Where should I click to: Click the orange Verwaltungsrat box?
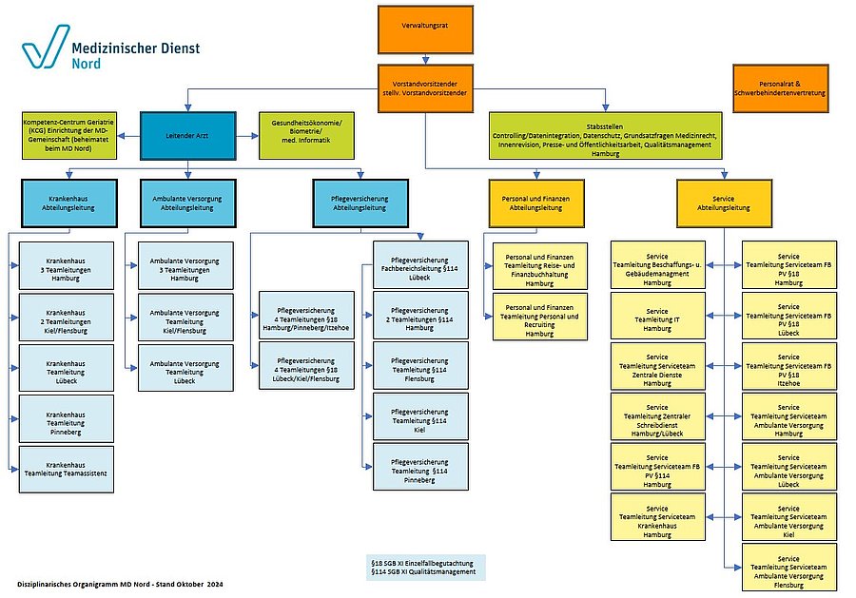[x=425, y=29]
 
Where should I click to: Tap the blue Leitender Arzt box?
[x=186, y=135]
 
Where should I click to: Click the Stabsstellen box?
[x=605, y=135]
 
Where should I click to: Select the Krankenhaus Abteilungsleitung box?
[x=67, y=202]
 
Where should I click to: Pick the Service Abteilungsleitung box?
[x=723, y=202]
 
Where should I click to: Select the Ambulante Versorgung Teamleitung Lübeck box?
[x=185, y=368]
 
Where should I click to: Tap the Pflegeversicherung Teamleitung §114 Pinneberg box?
[x=419, y=469]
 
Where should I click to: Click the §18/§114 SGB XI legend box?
[x=426, y=567]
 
